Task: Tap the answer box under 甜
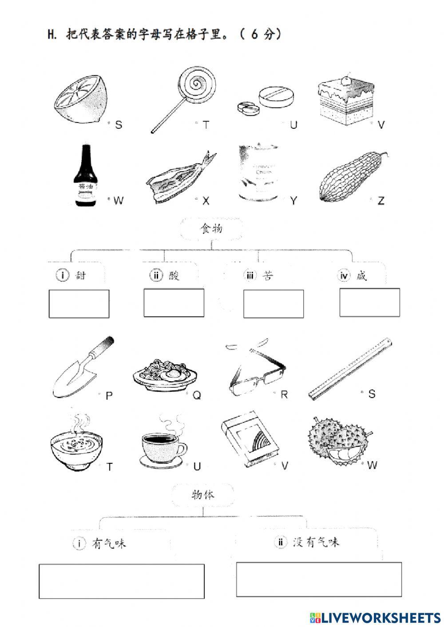click(79, 304)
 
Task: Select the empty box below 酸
click(174, 303)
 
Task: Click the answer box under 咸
click(369, 302)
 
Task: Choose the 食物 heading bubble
click(211, 229)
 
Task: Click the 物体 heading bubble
click(202, 494)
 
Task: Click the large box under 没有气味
click(319, 580)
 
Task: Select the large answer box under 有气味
click(122, 581)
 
